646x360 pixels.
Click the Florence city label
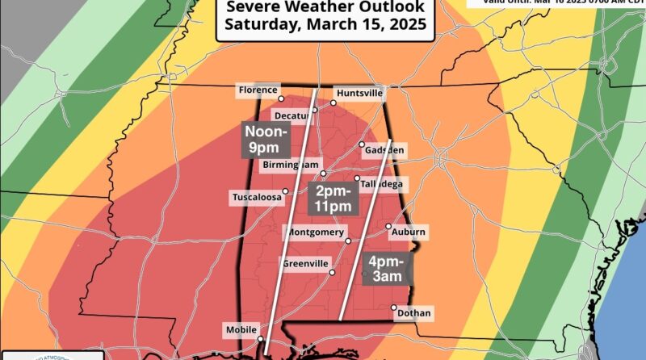[x=257, y=90]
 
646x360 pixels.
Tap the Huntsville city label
[x=359, y=93]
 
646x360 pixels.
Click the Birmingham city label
[x=289, y=165]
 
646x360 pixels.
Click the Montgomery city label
[x=313, y=232]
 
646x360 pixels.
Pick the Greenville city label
[x=305, y=264]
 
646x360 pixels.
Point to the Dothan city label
[x=415, y=313]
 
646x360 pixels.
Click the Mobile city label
[x=241, y=329]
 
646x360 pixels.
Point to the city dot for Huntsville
[x=333, y=103]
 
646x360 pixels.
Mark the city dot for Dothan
[x=394, y=308]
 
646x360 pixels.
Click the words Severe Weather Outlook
[x=326, y=7]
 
